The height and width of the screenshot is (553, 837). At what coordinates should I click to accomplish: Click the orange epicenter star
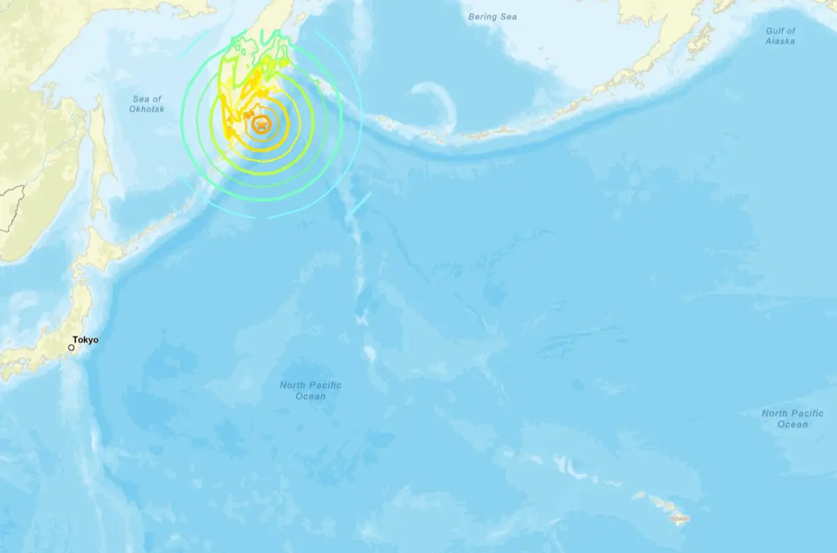pyautogui.click(x=262, y=126)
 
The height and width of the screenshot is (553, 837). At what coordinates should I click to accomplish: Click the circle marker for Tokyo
pyautogui.click(x=71, y=347)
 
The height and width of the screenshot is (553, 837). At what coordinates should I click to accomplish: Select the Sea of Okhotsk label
pyautogui.click(x=146, y=104)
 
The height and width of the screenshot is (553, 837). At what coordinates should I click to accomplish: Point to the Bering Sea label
pyautogui.click(x=492, y=16)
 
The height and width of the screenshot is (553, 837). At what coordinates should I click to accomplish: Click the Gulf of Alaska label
pyautogui.click(x=780, y=36)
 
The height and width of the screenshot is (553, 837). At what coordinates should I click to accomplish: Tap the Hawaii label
pyautogui.click(x=679, y=518)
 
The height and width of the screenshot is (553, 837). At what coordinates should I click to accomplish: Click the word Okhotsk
pyautogui.click(x=146, y=109)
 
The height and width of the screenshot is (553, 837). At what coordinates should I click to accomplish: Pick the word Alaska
pyautogui.click(x=780, y=42)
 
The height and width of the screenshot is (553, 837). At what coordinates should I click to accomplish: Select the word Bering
pyautogui.click(x=483, y=16)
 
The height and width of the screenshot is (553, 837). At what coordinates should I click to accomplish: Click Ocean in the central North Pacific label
pyautogui.click(x=310, y=396)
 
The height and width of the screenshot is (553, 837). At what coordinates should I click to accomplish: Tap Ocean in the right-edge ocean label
pyautogui.click(x=792, y=424)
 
